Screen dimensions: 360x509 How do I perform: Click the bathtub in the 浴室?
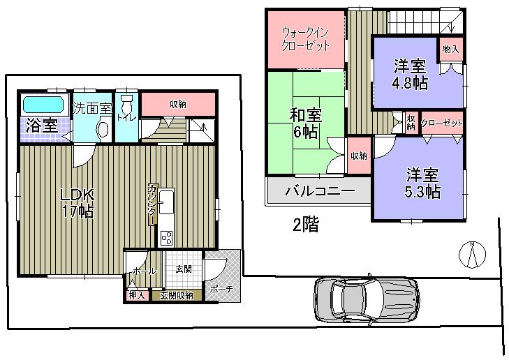pos(43,105)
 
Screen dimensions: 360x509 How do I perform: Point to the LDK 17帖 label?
pos(77,203)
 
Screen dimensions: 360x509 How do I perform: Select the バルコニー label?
pos(319,190)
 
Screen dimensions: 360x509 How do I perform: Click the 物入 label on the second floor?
pos(451,49)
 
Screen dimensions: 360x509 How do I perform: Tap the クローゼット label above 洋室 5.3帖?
pos(442,123)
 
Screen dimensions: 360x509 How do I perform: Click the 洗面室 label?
pos(93,109)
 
